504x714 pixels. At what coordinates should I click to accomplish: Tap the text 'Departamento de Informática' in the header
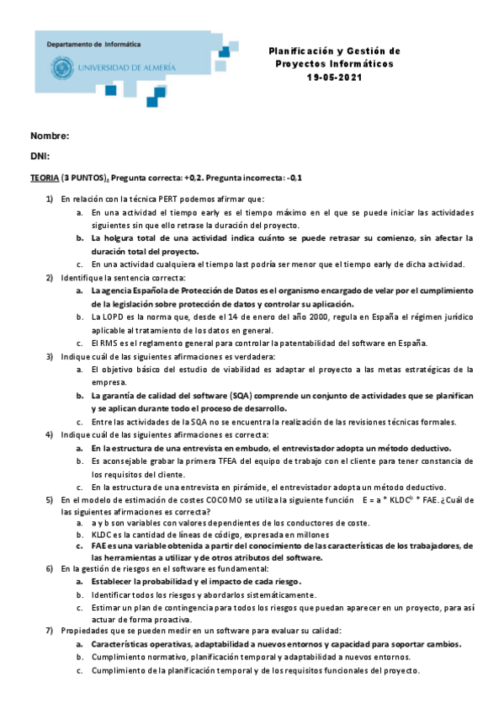(x=93, y=43)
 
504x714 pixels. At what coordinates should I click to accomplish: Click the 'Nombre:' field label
(x=50, y=136)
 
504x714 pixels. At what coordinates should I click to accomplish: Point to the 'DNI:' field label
(x=40, y=156)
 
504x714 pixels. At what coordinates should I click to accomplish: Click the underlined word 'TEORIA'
(x=45, y=178)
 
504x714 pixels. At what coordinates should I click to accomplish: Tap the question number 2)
(x=50, y=277)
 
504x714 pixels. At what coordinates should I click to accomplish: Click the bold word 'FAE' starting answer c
(x=99, y=546)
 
